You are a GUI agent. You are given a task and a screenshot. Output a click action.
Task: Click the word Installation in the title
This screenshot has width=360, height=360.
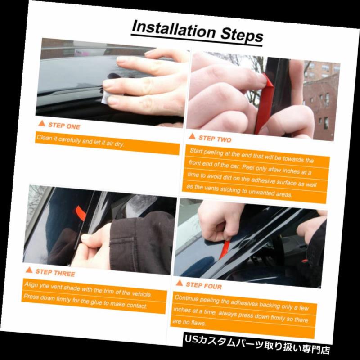(174, 29)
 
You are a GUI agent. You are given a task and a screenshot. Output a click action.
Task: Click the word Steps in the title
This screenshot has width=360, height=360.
(242, 35)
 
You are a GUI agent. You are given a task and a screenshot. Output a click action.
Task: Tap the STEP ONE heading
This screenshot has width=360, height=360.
(64, 126)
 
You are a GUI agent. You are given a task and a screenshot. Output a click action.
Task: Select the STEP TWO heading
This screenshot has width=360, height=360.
(215, 139)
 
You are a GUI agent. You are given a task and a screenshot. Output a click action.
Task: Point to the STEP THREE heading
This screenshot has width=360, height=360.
(55, 273)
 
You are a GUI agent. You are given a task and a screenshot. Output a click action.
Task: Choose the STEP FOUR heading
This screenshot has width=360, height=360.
(204, 285)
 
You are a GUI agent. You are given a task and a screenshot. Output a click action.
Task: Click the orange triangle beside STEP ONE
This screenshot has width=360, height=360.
(42, 123)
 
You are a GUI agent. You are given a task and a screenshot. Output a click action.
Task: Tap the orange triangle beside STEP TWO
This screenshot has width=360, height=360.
(192, 137)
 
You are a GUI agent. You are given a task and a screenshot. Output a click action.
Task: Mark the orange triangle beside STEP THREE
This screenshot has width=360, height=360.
(29, 270)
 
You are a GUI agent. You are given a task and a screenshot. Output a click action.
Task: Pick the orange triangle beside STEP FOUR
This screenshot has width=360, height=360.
(180, 283)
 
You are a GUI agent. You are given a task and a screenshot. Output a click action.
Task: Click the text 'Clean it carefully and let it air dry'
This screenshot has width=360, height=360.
(81, 140)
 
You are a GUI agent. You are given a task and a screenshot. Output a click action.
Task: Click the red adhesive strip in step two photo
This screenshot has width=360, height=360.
(265, 103)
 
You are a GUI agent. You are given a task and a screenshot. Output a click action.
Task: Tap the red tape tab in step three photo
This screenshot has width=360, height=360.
(81, 213)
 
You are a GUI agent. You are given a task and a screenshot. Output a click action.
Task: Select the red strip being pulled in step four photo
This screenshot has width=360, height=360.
(224, 250)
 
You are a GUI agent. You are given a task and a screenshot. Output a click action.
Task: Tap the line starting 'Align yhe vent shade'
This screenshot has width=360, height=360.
(88, 289)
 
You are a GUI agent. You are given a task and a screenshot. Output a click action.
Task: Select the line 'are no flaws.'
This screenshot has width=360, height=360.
(189, 322)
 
